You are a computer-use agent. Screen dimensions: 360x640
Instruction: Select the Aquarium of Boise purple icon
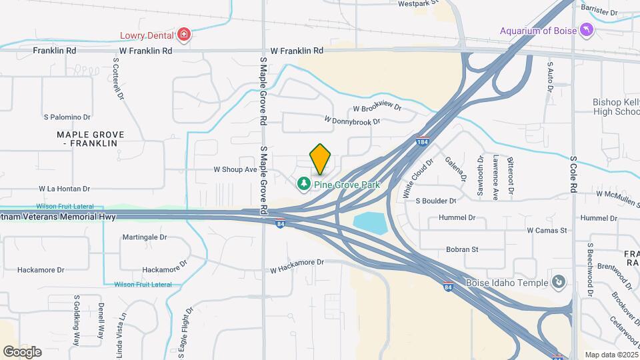pyautogui.click(x=585, y=30)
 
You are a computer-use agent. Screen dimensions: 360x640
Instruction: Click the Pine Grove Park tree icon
pyautogui.click(x=304, y=183)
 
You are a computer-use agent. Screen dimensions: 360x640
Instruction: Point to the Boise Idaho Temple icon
pyautogui.click(x=559, y=283)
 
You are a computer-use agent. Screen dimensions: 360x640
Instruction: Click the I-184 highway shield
pyautogui.click(x=422, y=142)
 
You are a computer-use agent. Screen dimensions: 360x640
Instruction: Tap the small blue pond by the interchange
pyautogui.click(x=369, y=223)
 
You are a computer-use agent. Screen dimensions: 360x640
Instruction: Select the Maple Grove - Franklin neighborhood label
pyautogui.click(x=87, y=139)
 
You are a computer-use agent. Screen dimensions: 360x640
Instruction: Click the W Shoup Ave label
pyautogui.click(x=235, y=170)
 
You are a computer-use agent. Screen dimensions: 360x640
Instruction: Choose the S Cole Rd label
pyautogui.click(x=573, y=175)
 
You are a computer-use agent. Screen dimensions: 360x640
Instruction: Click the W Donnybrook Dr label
pyautogui.click(x=351, y=121)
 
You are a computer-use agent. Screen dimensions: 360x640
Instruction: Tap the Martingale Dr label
pyautogui.click(x=144, y=237)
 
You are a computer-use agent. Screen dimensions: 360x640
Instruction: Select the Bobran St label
pyautogui.click(x=462, y=249)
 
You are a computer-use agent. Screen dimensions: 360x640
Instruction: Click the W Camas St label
pyautogui.click(x=546, y=231)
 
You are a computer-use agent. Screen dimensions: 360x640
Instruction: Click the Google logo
pyautogui.click(x=21, y=351)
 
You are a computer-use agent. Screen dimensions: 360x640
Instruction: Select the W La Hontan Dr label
pyautogui.click(x=64, y=189)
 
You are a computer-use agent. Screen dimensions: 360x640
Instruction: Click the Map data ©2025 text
pyautogui.click(x=610, y=355)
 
